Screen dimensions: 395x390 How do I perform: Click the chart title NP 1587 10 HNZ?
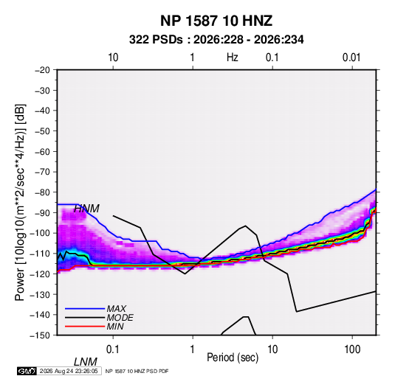(x=216, y=21)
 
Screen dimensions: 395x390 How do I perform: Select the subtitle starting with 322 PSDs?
(x=216, y=40)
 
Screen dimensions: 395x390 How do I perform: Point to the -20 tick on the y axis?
(x=42, y=70)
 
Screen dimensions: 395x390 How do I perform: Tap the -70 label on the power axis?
(x=42, y=172)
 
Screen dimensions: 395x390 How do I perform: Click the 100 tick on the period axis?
(x=352, y=349)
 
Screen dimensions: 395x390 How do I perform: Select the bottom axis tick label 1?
(x=193, y=349)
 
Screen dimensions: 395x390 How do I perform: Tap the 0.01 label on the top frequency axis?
(x=351, y=58)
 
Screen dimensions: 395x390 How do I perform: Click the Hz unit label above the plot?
(x=233, y=58)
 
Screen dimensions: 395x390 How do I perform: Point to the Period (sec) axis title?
(x=233, y=358)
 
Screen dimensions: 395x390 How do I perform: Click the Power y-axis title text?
(x=20, y=203)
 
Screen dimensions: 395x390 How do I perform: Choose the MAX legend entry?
(x=116, y=309)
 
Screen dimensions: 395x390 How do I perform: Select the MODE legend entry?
(x=120, y=318)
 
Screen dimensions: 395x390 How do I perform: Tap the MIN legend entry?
(x=115, y=327)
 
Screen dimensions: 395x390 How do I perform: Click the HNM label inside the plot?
(x=86, y=209)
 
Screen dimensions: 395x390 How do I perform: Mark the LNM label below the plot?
(x=86, y=362)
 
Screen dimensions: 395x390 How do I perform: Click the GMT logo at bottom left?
(x=27, y=371)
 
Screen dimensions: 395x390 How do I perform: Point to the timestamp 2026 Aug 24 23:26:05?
(x=69, y=371)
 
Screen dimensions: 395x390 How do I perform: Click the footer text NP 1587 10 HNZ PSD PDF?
(x=137, y=371)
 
